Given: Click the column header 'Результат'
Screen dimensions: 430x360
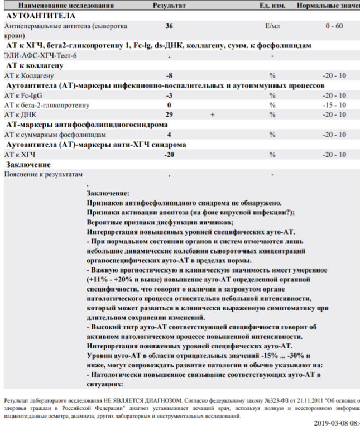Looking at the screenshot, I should click(169, 5).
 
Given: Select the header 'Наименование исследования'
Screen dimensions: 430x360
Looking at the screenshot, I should click(56, 5).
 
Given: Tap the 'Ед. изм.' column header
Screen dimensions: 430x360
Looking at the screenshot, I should click(272, 5).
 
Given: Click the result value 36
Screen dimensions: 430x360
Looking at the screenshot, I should click(169, 26).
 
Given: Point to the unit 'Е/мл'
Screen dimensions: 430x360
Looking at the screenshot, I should click(272, 26).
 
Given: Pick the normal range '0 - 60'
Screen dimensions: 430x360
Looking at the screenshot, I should click(334, 26).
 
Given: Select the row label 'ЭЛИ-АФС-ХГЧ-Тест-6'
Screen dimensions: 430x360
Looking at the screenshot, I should click(41, 56).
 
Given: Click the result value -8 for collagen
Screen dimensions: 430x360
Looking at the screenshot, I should click(169, 75).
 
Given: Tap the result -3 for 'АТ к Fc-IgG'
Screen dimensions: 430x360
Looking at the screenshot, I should click(169, 95).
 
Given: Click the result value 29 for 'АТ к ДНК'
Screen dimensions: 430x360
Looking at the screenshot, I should click(169, 114).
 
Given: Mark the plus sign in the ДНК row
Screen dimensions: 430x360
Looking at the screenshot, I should click(212, 114).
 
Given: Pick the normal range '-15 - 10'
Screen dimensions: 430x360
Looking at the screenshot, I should click(334, 105).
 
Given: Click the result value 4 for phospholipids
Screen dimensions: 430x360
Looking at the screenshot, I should click(169, 135).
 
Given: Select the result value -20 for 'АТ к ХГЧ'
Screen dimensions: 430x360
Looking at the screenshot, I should click(169, 155).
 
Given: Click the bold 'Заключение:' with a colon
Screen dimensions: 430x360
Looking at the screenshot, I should click(108, 193).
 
